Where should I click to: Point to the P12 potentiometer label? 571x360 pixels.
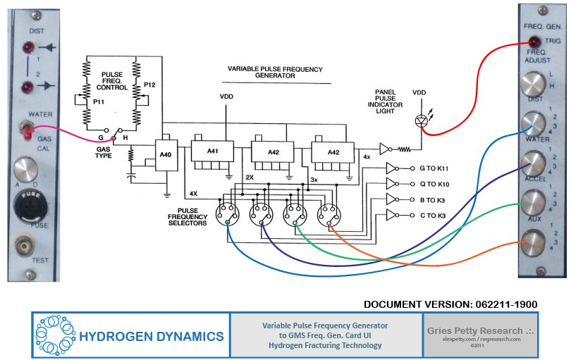tap(148, 85)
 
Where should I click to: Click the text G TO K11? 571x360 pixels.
tap(436, 169)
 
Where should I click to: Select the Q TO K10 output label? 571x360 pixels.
tap(436, 185)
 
